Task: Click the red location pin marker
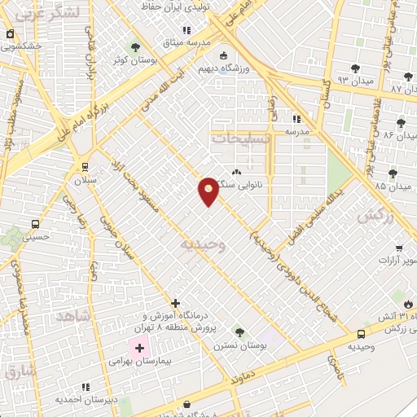(x=208, y=191)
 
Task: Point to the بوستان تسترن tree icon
(x=239, y=332)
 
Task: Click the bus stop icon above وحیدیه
(x=361, y=334)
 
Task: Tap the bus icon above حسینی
(x=35, y=223)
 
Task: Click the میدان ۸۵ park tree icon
(x=393, y=173)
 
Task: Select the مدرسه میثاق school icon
(x=187, y=30)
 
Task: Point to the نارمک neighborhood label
(x=375, y=216)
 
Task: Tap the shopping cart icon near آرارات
(x=399, y=248)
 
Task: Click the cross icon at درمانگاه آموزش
(x=175, y=302)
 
